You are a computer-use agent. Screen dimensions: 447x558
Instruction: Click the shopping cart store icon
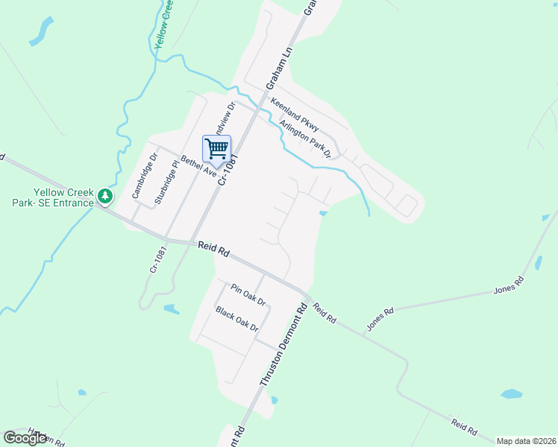(216, 149)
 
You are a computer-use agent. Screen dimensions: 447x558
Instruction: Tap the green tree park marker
(106, 197)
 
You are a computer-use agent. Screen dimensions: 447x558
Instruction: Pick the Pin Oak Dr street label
(248, 295)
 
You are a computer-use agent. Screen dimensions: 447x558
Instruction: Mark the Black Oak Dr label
(237, 319)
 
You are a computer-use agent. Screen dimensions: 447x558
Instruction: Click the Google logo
(25, 437)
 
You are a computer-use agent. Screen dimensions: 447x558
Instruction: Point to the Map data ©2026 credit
(527, 441)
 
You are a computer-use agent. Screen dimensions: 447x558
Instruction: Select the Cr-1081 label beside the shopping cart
(228, 171)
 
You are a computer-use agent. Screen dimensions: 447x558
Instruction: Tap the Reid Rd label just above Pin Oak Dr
(213, 249)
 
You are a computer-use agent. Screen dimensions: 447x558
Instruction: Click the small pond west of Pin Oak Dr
(171, 308)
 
